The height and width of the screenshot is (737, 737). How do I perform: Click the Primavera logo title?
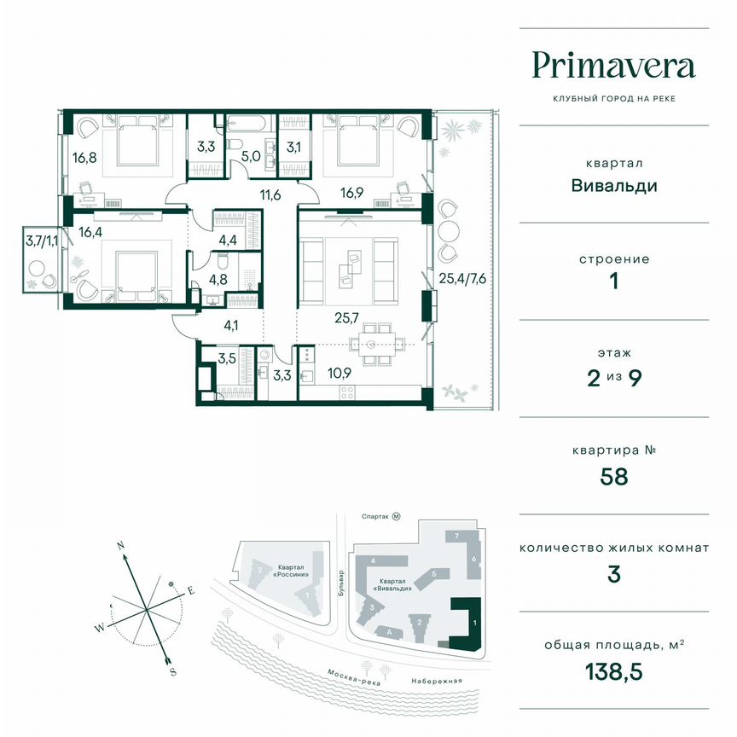pyautogui.click(x=614, y=66)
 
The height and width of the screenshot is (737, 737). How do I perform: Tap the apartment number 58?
pyautogui.click(x=614, y=475)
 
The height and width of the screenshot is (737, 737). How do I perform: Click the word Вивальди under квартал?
pyautogui.click(x=614, y=185)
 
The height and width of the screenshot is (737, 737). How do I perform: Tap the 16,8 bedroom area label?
pyautogui.click(x=84, y=158)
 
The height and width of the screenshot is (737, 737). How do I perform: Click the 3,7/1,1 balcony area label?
pyautogui.click(x=42, y=241)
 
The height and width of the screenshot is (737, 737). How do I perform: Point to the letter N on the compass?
pyautogui.click(x=122, y=544)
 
